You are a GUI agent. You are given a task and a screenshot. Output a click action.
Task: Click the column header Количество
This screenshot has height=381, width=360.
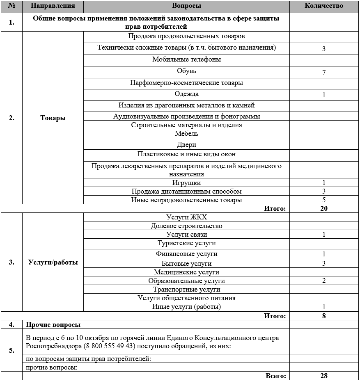point(324,6)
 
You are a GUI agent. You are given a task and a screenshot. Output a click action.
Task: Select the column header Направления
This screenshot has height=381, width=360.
point(53,6)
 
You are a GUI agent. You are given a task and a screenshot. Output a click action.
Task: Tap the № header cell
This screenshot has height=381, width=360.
point(11,6)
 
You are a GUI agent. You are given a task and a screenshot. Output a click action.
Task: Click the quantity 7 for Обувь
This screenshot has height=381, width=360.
point(324,72)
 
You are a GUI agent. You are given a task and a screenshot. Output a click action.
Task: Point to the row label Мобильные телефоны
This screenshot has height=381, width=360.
point(186,59)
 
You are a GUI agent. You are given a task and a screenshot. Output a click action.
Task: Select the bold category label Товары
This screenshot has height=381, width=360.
point(53,118)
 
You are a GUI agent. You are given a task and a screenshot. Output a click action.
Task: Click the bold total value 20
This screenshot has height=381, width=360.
point(324,208)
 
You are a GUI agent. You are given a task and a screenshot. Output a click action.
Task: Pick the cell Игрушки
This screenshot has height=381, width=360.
point(186,183)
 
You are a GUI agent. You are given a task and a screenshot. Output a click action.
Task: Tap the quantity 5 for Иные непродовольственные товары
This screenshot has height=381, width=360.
point(324,200)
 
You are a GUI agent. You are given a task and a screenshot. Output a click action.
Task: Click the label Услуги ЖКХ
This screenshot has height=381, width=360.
point(186,217)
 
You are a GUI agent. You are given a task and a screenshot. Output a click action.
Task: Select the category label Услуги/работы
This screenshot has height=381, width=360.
point(53,262)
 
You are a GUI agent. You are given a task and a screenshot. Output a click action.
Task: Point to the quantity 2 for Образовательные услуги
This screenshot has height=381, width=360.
point(324,281)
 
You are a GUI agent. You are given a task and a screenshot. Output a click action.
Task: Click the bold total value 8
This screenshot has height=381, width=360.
point(324,316)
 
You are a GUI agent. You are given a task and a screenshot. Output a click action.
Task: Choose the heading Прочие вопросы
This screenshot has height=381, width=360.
point(53,325)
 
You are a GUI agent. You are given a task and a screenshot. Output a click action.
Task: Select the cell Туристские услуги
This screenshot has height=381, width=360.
point(186,243)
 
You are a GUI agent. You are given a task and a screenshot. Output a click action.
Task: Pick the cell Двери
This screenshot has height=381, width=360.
point(186,145)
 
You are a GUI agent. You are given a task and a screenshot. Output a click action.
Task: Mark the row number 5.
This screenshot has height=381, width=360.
point(11,350)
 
